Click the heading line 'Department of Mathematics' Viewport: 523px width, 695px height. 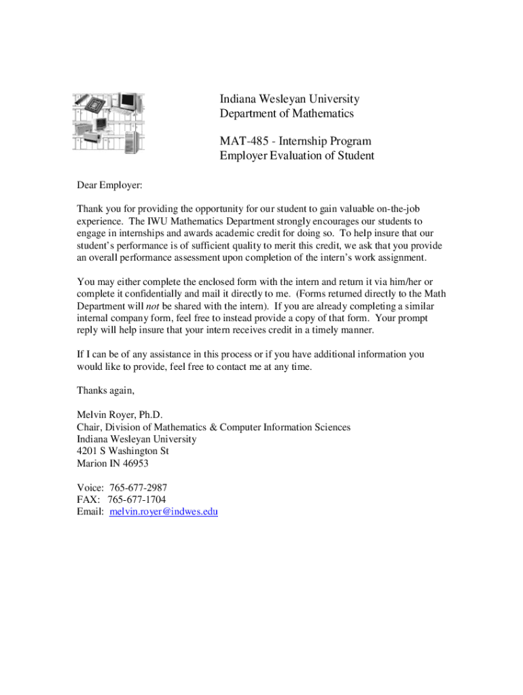pyautogui.click(x=286, y=114)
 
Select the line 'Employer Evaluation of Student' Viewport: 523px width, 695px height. pyautogui.click(x=297, y=156)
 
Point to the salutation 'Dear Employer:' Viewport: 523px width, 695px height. pyautogui.click(x=109, y=185)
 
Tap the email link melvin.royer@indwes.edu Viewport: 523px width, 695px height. pyautogui.click(x=163, y=512)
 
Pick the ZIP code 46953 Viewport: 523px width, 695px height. pyautogui.click(x=134, y=464)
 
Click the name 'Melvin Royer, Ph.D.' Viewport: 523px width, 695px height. pyautogui.click(x=120, y=415)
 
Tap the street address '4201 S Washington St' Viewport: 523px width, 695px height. pyautogui.click(x=122, y=451)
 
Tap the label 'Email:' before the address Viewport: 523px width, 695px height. pyautogui.click(x=90, y=512)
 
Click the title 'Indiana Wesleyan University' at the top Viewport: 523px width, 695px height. pyautogui.click(x=289, y=100)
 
